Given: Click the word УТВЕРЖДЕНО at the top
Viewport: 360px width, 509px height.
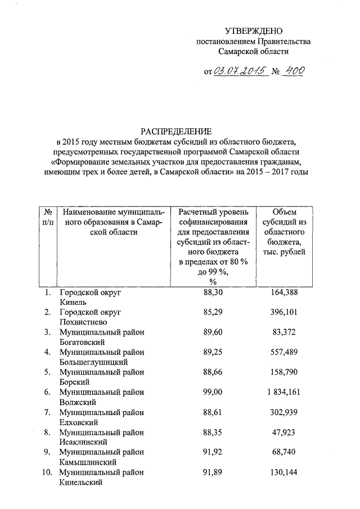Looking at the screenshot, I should (x=253, y=30).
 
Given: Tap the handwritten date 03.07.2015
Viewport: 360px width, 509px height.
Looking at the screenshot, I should (x=239, y=71).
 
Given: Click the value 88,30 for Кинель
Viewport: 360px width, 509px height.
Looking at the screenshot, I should (x=213, y=292).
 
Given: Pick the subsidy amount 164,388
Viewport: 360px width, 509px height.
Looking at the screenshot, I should (x=284, y=292).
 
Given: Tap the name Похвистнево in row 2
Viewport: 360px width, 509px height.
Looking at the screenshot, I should (x=82, y=322).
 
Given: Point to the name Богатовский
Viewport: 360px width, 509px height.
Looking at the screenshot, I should (x=82, y=342).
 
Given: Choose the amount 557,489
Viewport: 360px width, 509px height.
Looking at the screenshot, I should (x=284, y=352).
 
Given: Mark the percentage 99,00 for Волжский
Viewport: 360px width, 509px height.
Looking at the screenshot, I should (x=213, y=392).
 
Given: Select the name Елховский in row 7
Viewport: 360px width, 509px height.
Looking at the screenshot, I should (x=80, y=422).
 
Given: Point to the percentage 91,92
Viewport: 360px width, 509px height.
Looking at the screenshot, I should (x=213, y=452).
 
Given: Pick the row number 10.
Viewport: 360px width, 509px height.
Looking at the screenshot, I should (x=47, y=472).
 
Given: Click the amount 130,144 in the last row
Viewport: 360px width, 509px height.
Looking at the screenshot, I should (x=284, y=472).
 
